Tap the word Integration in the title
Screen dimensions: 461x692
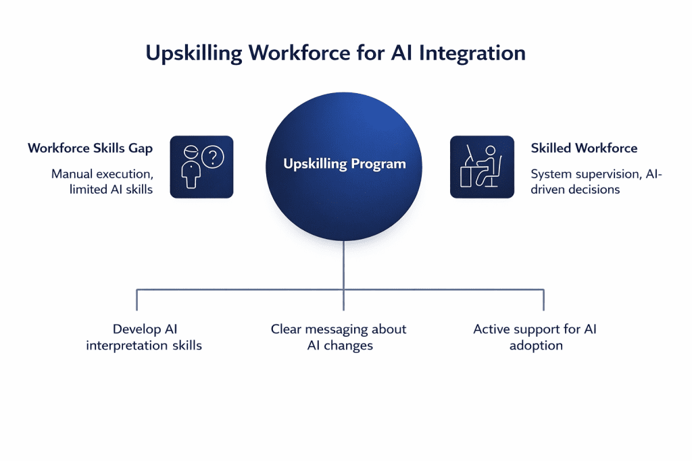click(472, 53)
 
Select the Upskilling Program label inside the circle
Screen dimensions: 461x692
click(344, 164)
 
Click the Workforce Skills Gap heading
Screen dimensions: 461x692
click(90, 148)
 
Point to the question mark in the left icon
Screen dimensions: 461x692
click(213, 157)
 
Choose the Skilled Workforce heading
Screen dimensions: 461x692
click(584, 148)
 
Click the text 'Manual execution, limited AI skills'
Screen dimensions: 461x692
click(102, 182)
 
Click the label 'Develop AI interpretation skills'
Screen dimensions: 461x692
click(144, 337)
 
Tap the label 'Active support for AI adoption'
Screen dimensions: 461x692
click(535, 337)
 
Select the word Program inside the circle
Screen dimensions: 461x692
click(378, 164)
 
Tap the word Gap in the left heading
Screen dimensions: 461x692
click(140, 148)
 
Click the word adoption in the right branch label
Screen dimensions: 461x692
click(536, 346)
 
